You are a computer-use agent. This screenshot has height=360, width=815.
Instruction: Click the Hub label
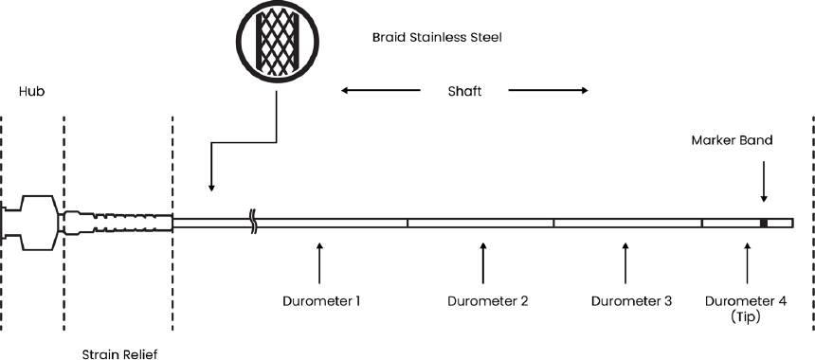pyautogui.click(x=32, y=91)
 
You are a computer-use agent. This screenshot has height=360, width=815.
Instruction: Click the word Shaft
pyautogui.click(x=463, y=92)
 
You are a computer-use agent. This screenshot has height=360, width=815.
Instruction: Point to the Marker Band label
pyautogui.click(x=745, y=140)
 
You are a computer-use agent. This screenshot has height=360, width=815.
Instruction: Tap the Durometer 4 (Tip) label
pyautogui.click(x=746, y=309)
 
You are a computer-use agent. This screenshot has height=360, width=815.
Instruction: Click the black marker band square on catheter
pyautogui.click(x=763, y=223)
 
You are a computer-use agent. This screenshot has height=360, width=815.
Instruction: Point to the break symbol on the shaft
pyautogui.click(x=253, y=223)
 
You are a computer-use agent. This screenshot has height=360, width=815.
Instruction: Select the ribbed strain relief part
pyautogui.click(x=118, y=223)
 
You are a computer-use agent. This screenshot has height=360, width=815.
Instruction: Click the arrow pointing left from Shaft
pyautogui.click(x=380, y=92)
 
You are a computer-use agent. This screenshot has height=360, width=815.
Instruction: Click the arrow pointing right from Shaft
pyautogui.click(x=548, y=92)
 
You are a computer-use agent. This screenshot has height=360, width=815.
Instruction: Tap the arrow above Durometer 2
pyautogui.click(x=484, y=263)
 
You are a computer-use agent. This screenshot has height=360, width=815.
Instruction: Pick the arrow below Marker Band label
pyautogui.click(x=764, y=184)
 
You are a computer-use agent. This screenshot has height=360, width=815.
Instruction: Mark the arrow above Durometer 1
pyautogui.click(x=319, y=263)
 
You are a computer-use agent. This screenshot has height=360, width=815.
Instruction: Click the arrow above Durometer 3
pyautogui.click(x=625, y=263)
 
